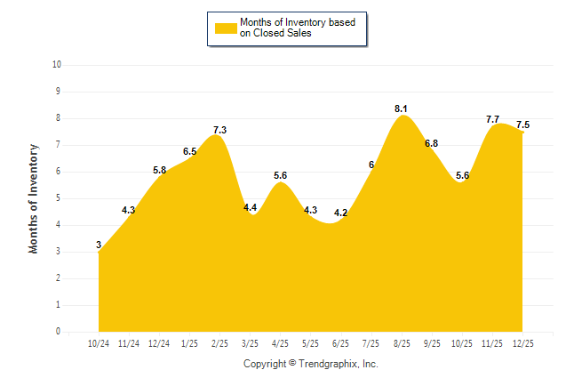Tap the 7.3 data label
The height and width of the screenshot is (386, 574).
219,130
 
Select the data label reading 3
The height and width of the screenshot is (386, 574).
99,245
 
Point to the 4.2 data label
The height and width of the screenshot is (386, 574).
341,213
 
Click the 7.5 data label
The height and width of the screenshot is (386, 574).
522,125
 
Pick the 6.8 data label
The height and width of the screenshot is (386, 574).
432,143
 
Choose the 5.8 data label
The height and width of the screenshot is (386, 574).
160,170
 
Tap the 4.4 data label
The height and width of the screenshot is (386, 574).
251,207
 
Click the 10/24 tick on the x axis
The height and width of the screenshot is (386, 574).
99,342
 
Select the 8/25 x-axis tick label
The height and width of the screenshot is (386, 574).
403,342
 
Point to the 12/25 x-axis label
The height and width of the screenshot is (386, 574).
523,342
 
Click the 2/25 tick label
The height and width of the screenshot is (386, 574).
219,342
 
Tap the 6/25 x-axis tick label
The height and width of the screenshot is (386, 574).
341,342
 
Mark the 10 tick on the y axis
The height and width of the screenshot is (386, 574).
57,65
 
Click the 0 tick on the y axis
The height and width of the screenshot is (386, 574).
58,332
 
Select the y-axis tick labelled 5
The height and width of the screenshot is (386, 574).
58,198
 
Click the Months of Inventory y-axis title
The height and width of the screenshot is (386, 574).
34,198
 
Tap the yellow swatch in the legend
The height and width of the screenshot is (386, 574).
225,28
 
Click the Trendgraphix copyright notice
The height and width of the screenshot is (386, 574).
311,364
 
